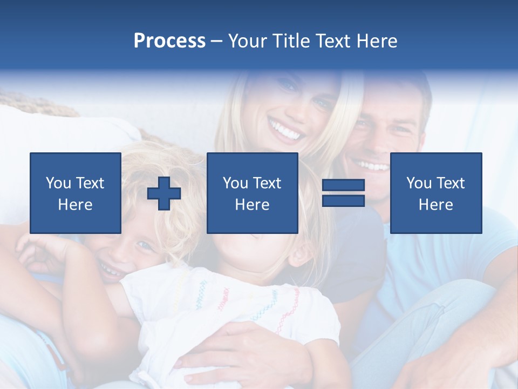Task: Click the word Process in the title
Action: coord(169,41)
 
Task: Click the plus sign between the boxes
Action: coord(164,193)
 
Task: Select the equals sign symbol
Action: coord(343,193)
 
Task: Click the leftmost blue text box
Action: coord(76,193)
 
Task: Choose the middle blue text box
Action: coord(253,193)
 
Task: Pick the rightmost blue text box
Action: coord(436,193)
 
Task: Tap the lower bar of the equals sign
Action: coord(343,200)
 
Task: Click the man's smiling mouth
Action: coord(373,165)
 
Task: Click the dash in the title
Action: coord(217,41)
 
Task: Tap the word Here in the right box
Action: coord(436,204)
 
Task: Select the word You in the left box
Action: coord(58,183)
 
